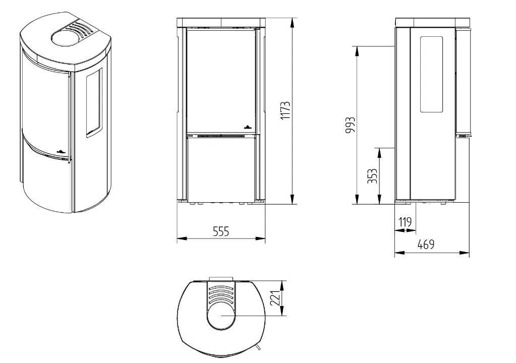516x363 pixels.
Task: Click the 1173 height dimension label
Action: [x=285, y=110]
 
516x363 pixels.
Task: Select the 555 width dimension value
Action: [x=220, y=231]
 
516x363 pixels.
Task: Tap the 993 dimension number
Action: [x=351, y=125]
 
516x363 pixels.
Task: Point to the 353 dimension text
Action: [x=372, y=176]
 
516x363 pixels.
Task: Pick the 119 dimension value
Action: [x=405, y=222]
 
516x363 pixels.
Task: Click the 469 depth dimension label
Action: [x=426, y=245]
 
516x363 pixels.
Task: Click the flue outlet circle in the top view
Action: [x=221, y=315]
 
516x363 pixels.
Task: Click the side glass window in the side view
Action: [x=431, y=74]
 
